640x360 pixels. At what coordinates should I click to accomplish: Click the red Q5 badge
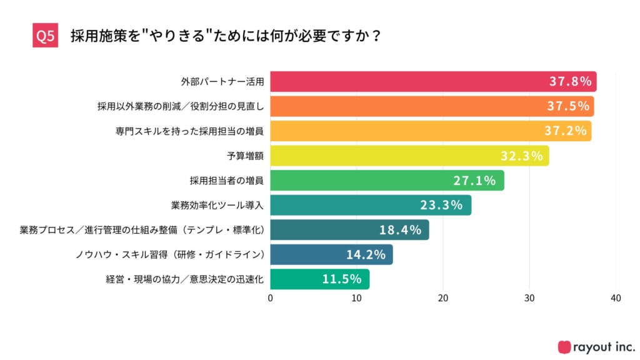[x=45, y=36]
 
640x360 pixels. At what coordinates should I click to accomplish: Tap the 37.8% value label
[x=570, y=82]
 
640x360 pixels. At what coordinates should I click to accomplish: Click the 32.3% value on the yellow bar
[x=521, y=156]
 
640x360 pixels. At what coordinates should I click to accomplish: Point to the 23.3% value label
[x=441, y=205]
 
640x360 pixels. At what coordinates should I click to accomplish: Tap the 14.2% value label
[x=366, y=254]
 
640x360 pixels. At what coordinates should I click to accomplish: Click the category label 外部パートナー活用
[x=222, y=82]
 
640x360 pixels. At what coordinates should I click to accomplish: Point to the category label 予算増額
[x=245, y=156]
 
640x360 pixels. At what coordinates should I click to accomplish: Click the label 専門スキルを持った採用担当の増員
[x=189, y=131]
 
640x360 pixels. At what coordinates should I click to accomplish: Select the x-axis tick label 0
[x=271, y=299]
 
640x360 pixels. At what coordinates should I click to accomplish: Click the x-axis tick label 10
[x=357, y=299]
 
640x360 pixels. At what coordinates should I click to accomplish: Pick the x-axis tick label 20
[x=443, y=299]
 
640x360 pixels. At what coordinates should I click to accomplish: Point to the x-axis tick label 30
[x=529, y=299]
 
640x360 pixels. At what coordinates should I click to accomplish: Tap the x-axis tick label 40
[x=616, y=299]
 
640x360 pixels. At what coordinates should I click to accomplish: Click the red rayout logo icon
[x=564, y=346]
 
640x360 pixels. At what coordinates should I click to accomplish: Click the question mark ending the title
[x=375, y=36]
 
